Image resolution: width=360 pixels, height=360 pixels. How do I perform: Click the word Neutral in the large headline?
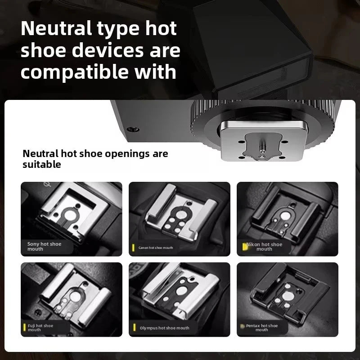[x=55, y=28]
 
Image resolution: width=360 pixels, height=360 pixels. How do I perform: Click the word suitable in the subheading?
[x=42, y=165]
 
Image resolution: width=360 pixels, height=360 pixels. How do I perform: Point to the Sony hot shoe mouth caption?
[x=44, y=246]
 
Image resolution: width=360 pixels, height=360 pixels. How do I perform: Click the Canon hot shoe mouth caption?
[x=156, y=247]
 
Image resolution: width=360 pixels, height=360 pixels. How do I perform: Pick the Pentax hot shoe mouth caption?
[x=262, y=328]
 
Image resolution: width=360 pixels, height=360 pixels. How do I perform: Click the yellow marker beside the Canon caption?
[x=133, y=247]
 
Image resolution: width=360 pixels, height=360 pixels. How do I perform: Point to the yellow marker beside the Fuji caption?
[x=25, y=328]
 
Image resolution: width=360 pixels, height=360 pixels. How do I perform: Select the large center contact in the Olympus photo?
[x=180, y=291]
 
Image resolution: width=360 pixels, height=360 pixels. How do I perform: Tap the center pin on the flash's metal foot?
[x=261, y=147]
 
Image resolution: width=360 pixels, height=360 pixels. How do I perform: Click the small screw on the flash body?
[x=131, y=129]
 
